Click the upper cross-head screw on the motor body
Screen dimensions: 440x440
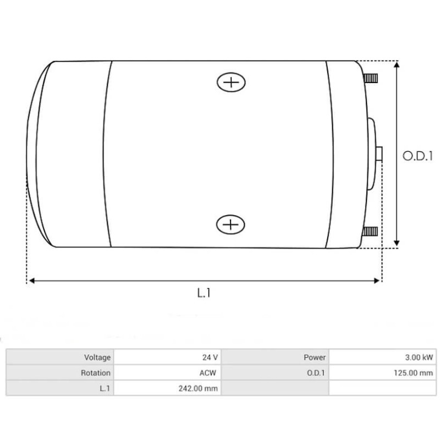[231, 82]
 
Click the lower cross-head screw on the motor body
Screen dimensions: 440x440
[231, 224]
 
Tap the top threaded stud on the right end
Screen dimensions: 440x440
[371, 78]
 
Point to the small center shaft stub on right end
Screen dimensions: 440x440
[379, 154]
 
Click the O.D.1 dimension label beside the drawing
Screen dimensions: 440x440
[417, 156]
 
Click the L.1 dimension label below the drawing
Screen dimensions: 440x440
[204, 293]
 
